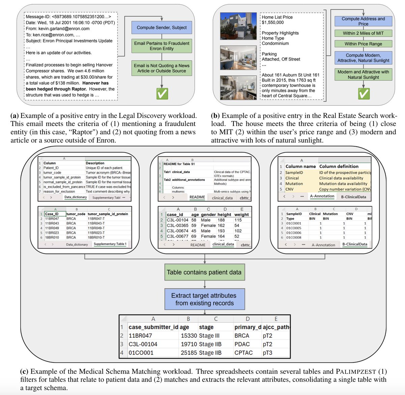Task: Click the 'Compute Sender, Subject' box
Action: [162, 27]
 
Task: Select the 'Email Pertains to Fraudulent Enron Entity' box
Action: [162, 46]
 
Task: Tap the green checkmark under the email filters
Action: [162, 93]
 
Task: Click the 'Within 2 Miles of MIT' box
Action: [363, 33]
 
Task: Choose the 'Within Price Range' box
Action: [363, 44]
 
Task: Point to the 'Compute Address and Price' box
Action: [363, 21]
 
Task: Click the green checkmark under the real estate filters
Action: [363, 94]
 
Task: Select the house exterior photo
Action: [234, 26]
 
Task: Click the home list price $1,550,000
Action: [273, 22]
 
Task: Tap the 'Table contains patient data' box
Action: [204, 272]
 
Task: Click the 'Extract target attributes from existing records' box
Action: [204, 299]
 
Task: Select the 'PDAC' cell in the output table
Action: [242, 344]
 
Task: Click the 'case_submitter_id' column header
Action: [153, 327]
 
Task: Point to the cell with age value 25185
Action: [189, 352]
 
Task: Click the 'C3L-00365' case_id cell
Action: [178, 225]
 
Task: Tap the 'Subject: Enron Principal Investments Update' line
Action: [69, 41]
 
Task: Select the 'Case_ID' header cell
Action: [52, 214]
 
